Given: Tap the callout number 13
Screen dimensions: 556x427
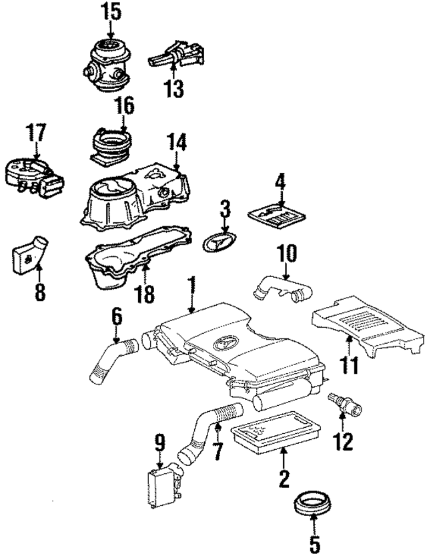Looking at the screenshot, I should coord(173,88).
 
